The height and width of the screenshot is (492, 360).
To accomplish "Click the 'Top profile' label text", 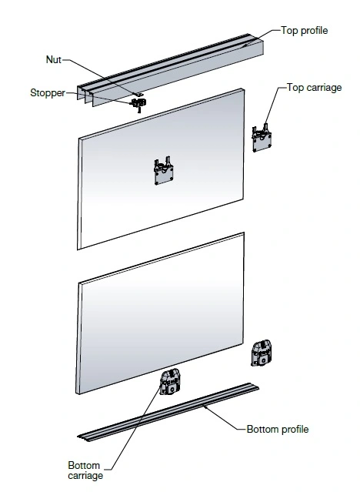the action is (x=304, y=31).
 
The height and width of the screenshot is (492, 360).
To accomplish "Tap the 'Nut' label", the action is (x=54, y=59).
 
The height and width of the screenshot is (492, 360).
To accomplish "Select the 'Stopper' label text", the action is (x=48, y=93).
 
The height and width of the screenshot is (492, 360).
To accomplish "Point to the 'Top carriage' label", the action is (x=314, y=88).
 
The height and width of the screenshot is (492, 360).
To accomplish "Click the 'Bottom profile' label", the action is (x=278, y=429).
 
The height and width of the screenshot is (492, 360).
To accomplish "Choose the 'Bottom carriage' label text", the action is (x=85, y=470).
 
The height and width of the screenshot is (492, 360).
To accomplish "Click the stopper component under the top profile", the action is (x=138, y=104).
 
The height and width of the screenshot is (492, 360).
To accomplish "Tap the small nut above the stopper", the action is (x=138, y=94).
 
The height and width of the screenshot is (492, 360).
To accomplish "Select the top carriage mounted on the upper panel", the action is (x=164, y=172).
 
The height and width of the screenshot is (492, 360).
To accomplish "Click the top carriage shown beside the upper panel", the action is (x=262, y=139).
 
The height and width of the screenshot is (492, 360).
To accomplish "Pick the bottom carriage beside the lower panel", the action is (x=262, y=353).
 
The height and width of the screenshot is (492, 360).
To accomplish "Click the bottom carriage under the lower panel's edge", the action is (x=170, y=382).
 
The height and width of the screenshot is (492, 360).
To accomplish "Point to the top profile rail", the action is (x=170, y=70).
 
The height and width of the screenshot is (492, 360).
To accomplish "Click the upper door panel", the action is (x=161, y=169).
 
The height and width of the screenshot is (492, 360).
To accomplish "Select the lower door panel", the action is (x=160, y=313).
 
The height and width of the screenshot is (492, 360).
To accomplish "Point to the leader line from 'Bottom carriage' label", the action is (x=135, y=427).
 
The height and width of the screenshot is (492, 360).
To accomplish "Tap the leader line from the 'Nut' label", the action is (x=100, y=76).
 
